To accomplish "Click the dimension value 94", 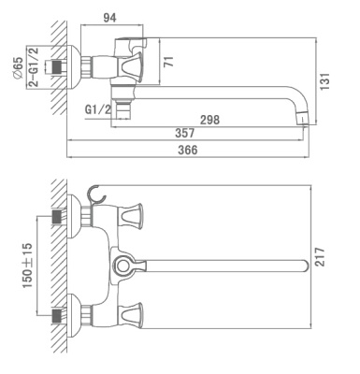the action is pos(109,18).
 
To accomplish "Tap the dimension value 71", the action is pos(168,62).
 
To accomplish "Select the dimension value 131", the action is pos(324,81).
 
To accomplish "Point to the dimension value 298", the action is pos(209,120).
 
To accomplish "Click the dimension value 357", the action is pos(185,133).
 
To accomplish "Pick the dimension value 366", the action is pos(188,150).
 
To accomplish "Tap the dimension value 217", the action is pos(320,257).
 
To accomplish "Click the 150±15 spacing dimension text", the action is pos(27,266).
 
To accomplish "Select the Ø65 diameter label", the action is pos(18,68).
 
